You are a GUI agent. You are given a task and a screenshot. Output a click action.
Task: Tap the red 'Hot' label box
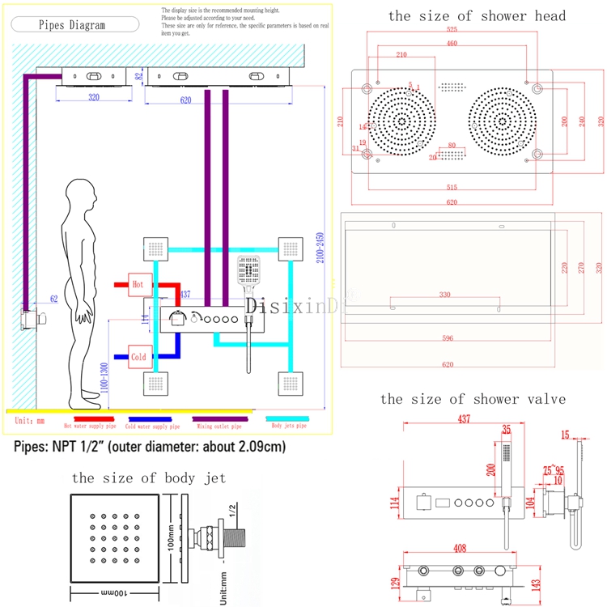click(138, 284)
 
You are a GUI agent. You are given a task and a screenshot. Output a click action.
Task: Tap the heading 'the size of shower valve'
click(473, 399)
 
